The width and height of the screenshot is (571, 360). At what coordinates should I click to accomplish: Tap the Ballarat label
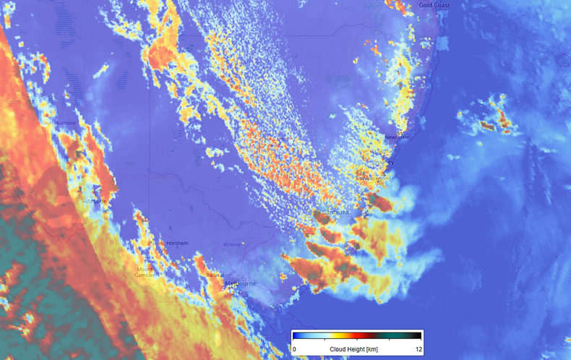pyautogui.click(x=215, y=274)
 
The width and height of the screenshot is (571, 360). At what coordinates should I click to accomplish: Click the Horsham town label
pyautogui.click(x=177, y=243)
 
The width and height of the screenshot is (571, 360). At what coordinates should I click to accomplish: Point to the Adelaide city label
pyautogui.click(x=94, y=201)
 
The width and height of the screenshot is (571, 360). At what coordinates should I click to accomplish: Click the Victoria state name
pyautogui.click(x=231, y=244)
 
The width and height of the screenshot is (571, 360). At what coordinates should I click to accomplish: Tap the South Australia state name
pyautogui.click(x=58, y=123)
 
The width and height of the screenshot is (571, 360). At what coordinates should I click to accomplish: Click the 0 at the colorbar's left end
pyautogui.click(x=294, y=349)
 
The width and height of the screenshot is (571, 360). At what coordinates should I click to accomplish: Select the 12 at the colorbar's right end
pyautogui.click(x=417, y=349)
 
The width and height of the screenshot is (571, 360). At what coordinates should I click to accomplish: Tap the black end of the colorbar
pyautogui.click(x=415, y=336)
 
